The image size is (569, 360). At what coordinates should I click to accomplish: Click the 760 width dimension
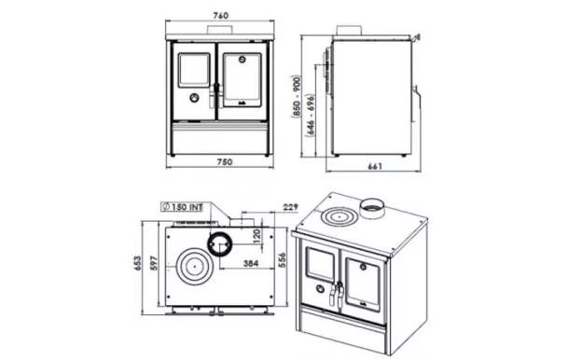222,17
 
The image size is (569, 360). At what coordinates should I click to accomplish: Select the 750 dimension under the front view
222,162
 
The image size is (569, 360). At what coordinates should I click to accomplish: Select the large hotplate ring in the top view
195,268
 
